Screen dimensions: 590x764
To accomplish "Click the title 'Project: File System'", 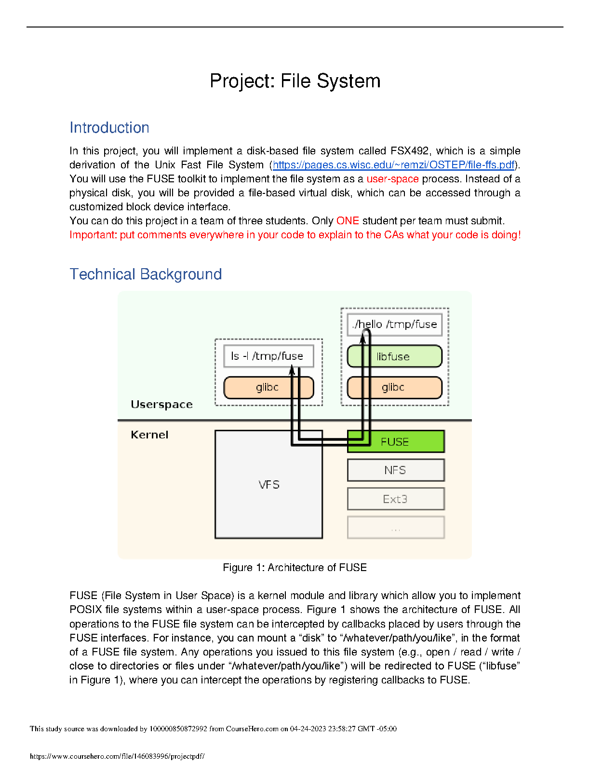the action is pyautogui.click(x=295, y=81).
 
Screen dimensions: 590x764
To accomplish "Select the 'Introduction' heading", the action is pyautogui.click(x=109, y=128).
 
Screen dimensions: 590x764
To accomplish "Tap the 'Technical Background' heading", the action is pyautogui.click(x=146, y=274).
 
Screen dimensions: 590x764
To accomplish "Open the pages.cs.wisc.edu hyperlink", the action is pyautogui.click(x=393, y=165).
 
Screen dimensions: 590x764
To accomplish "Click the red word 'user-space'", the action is pyautogui.click(x=392, y=179).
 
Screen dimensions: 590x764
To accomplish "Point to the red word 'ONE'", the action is pyautogui.click(x=348, y=221).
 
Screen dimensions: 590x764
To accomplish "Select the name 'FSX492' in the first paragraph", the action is pyautogui.click(x=409, y=151).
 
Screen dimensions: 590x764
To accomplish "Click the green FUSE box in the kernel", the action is pyautogui.click(x=396, y=442).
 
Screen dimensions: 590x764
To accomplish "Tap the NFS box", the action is pyautogui.click(x=396, y=470).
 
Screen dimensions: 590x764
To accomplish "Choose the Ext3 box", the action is pyautogui.click(x=396, y=499).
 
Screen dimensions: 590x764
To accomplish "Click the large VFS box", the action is pyautogui.click(x=269, y=484).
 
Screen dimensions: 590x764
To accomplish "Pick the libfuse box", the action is pyautogui.click(x=395, y=356).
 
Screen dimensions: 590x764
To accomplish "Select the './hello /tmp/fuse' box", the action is pyautogui.click(x=395, y=325).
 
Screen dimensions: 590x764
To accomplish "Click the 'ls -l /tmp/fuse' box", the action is pyautogui.click(x=269, y=356).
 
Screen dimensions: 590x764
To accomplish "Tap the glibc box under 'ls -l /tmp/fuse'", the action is pyautogui.click(x=269, y=387).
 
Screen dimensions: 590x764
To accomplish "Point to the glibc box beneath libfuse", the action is pyautogui.click(x=395, y=387).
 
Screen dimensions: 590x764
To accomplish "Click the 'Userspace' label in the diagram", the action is pyautogui.click(x=161, y=405).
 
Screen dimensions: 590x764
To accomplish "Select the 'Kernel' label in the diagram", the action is pyautogui.click(x=149, y=435).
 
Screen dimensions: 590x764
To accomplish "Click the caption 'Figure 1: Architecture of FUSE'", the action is pyautogui.click(x=295, y=568).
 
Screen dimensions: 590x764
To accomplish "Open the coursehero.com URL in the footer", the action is pyautogui.click(x=117, y=756).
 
